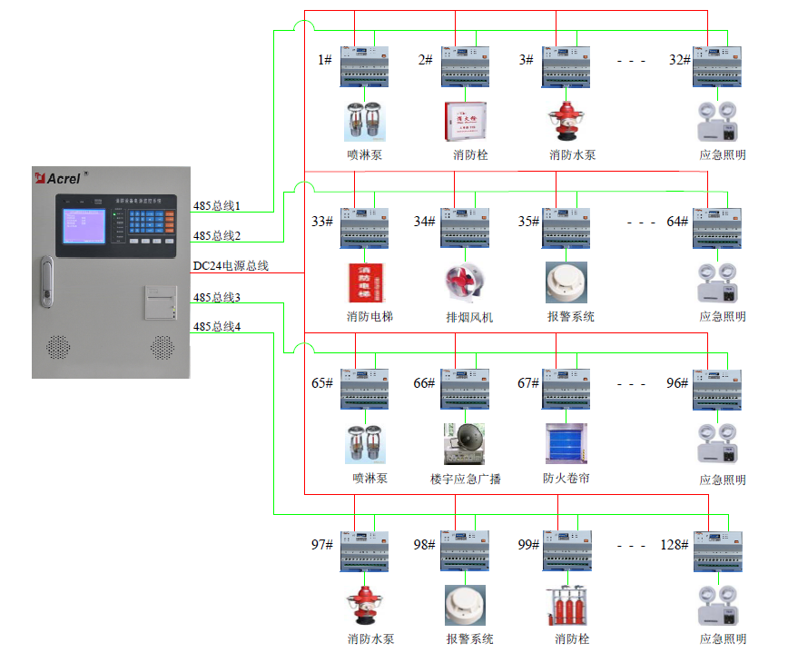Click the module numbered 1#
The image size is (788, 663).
(364, 66)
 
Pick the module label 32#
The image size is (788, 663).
(680, 60)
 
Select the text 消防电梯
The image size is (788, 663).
(369, 317)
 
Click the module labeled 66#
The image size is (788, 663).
(465, 389)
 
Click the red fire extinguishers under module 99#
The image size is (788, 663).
(566, 606)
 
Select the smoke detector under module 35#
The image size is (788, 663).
(566, 282)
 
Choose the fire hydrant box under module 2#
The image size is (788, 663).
(465, 122)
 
